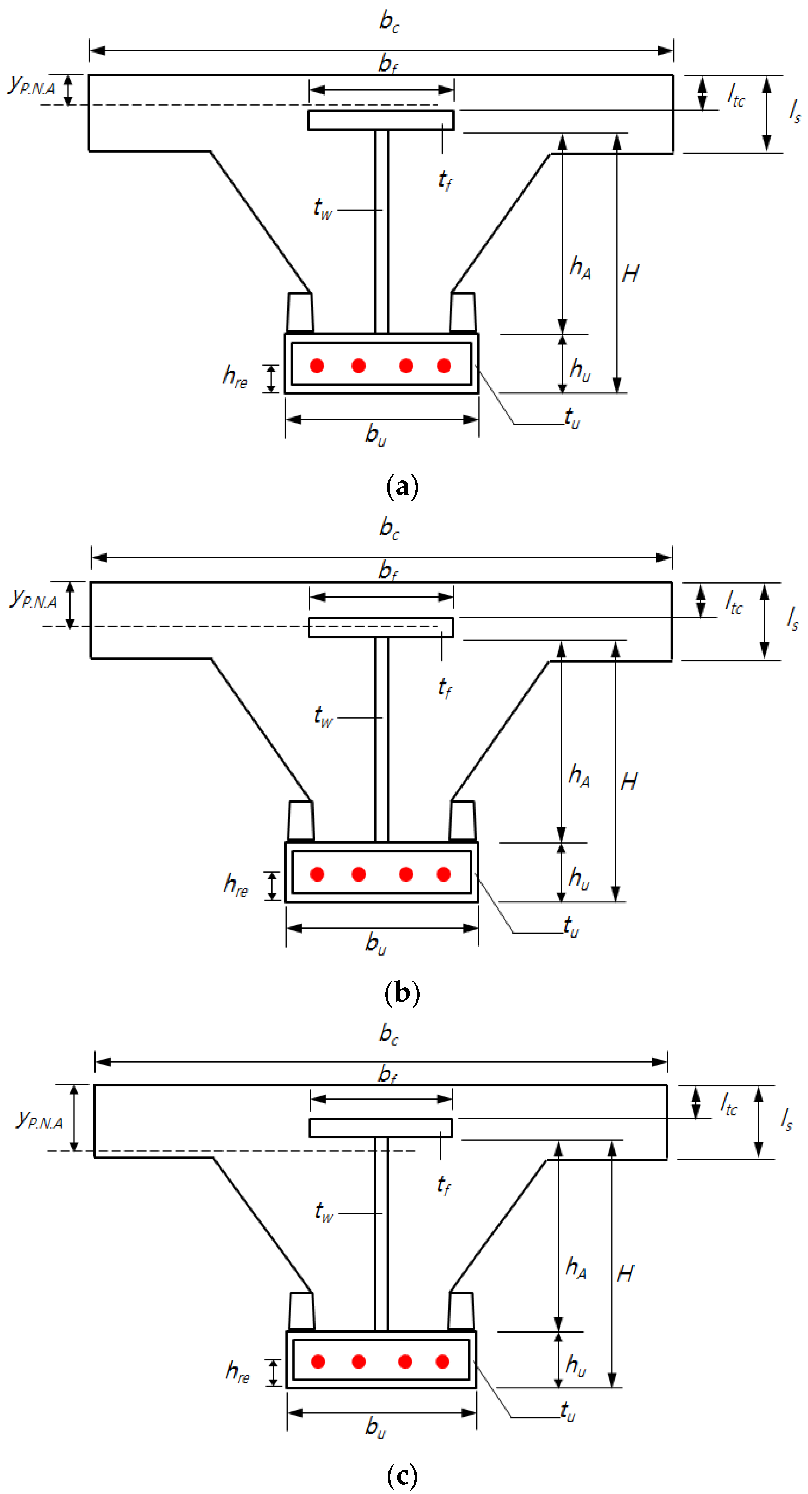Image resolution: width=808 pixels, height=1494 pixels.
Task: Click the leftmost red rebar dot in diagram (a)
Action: click(317, 365)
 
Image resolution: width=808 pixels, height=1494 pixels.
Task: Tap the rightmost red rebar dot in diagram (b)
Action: click(444, 874)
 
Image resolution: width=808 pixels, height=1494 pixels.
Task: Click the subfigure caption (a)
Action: click(402, 486)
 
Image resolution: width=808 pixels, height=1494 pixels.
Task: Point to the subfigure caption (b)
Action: click(402, 993)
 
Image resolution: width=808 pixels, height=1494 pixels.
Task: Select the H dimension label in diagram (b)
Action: click(629, 782)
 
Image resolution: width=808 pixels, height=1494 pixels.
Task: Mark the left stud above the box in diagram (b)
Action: click(300, 821)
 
